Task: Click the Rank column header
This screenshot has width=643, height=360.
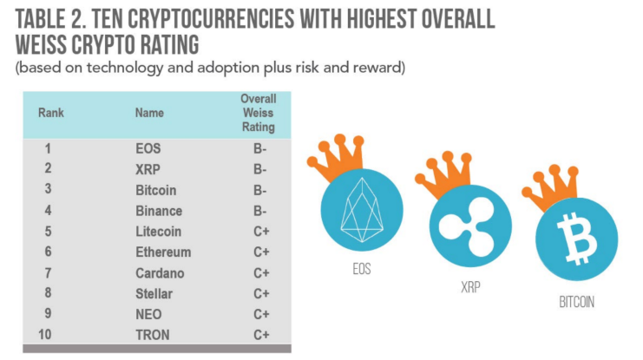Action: (x=51, y=113)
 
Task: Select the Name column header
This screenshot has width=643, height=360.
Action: (x=149, y=113)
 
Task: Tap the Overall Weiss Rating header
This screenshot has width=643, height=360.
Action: (x=258, y=113)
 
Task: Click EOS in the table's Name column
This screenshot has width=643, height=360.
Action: (x=148, y=148)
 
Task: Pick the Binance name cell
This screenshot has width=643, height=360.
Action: (x=159, y=211)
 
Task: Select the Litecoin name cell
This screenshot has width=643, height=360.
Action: (x=160, y=232)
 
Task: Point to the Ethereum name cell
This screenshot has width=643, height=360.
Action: (x=163, y=252)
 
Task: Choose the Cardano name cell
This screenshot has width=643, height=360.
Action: (x=161, y=273)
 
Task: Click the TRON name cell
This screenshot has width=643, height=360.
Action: (x=153, y=335)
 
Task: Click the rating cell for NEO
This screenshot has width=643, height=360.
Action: (x=260, y=314)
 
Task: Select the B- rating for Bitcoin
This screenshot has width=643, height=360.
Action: (x=258, y=190)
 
